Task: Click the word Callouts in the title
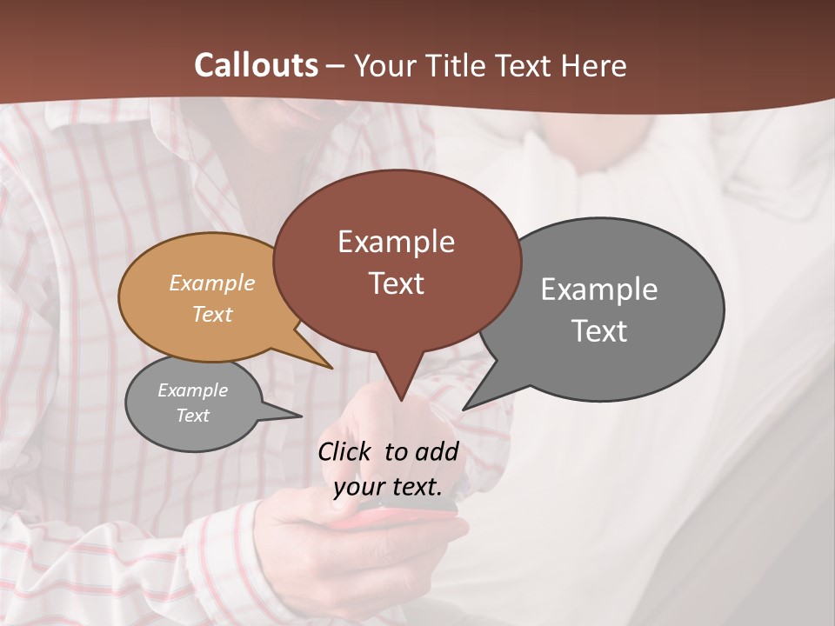click(256, 65)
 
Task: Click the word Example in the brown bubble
click(396, 242)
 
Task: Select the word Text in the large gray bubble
click(599, 331)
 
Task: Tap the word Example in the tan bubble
click(212, 283)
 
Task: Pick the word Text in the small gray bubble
click(193, 416)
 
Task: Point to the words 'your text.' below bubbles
click(387, 487)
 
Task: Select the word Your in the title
click(384, 65)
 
